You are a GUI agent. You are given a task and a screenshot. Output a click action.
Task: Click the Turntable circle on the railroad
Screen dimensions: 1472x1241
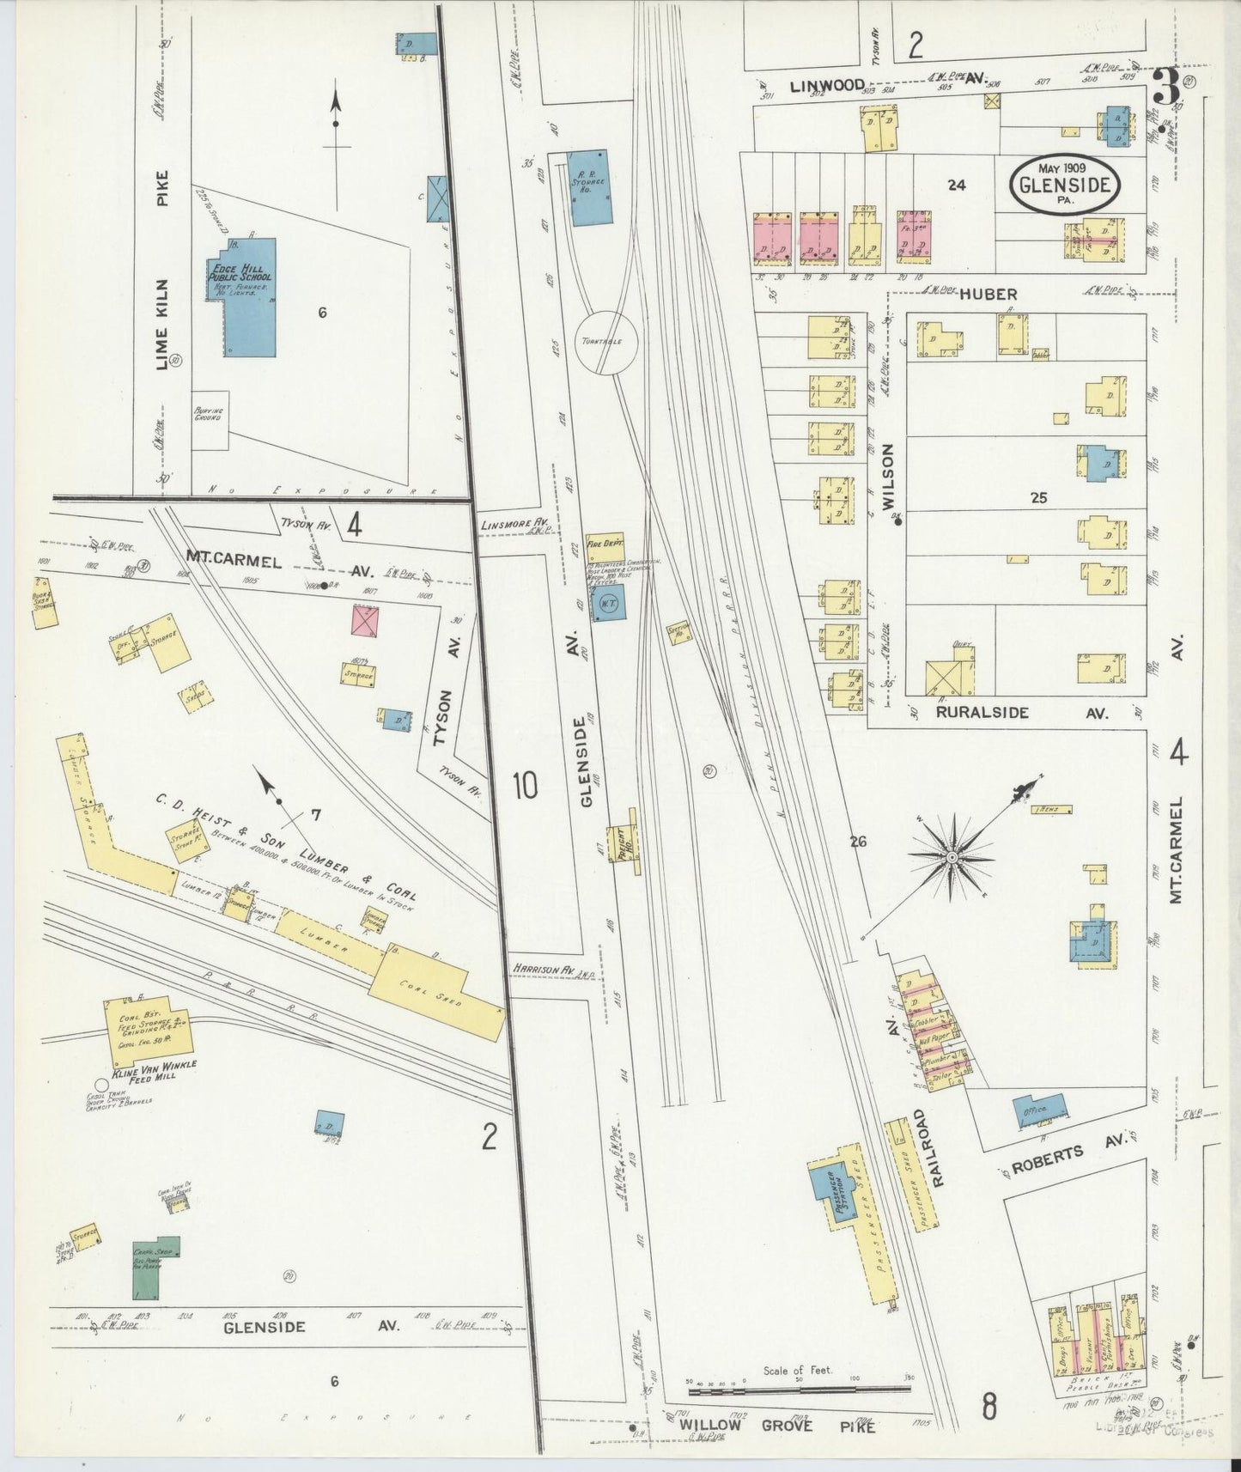tap(606, 342)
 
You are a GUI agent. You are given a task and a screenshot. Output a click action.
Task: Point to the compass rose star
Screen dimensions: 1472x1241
tap(952, 857)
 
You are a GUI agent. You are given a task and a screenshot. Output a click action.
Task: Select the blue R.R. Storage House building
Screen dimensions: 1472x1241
tap(591, 188)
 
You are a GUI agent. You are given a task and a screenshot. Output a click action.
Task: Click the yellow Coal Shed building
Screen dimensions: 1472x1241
tap(438, 996)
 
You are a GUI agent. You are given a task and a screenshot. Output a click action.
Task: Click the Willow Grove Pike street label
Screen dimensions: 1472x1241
tap(777, 1425)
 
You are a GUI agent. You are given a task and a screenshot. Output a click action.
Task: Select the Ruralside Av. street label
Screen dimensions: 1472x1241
tap(1022, 712)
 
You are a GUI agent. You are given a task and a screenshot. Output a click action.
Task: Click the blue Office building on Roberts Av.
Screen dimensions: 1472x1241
tap(1039, 1109)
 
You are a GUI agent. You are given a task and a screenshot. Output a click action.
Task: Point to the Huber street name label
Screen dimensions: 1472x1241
tap(988, 294)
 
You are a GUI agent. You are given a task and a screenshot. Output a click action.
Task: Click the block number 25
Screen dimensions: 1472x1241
tap(1037, 497)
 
